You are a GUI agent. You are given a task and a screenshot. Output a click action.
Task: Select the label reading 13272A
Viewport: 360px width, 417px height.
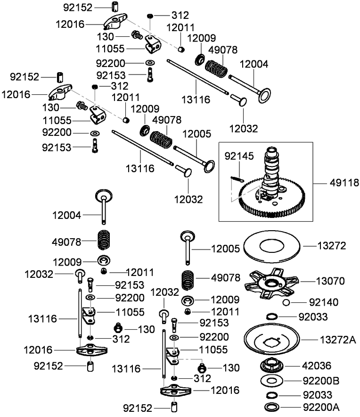[x=337, y=340]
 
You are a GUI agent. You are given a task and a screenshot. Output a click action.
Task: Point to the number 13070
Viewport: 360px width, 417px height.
[x=331, y=281]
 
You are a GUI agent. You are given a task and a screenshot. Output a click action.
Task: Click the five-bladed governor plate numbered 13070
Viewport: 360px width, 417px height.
[x=273, y=283]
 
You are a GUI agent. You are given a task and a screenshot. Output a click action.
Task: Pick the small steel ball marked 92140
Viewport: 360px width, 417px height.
[x=286, y=302]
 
